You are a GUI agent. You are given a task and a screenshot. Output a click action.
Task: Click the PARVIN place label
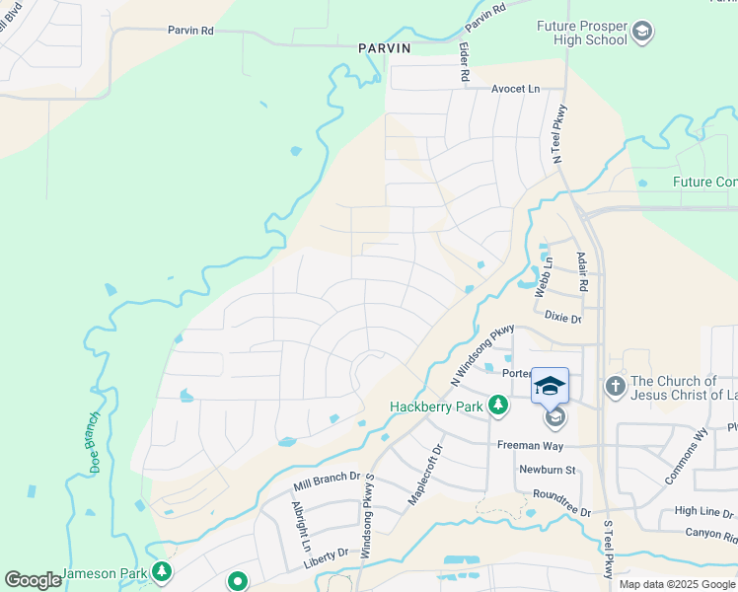tap(385, 47)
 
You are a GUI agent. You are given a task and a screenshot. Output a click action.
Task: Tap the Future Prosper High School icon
tap(642, 32)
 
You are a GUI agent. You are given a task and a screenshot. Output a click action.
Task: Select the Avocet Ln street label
tap(516, 89)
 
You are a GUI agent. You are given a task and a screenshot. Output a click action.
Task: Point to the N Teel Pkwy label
tap(559, 133)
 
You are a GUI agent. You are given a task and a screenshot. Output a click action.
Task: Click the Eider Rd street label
tap(463, 61)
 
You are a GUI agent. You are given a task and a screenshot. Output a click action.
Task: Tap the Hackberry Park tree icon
tap(499, 405)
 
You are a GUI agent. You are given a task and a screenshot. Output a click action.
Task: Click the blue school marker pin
tap(550, 386)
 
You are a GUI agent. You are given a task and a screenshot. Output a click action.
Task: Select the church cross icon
tap(615, 386)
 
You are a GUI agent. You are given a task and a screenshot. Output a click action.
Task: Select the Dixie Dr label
tap(562, 319)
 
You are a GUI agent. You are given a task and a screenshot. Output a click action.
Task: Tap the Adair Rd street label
tap(583, 269)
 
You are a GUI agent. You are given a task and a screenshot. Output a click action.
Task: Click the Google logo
tap(34, 580)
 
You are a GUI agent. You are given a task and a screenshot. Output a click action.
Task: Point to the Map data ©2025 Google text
tap(677, 584)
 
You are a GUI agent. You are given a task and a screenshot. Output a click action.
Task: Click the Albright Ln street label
tap(300, 526)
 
